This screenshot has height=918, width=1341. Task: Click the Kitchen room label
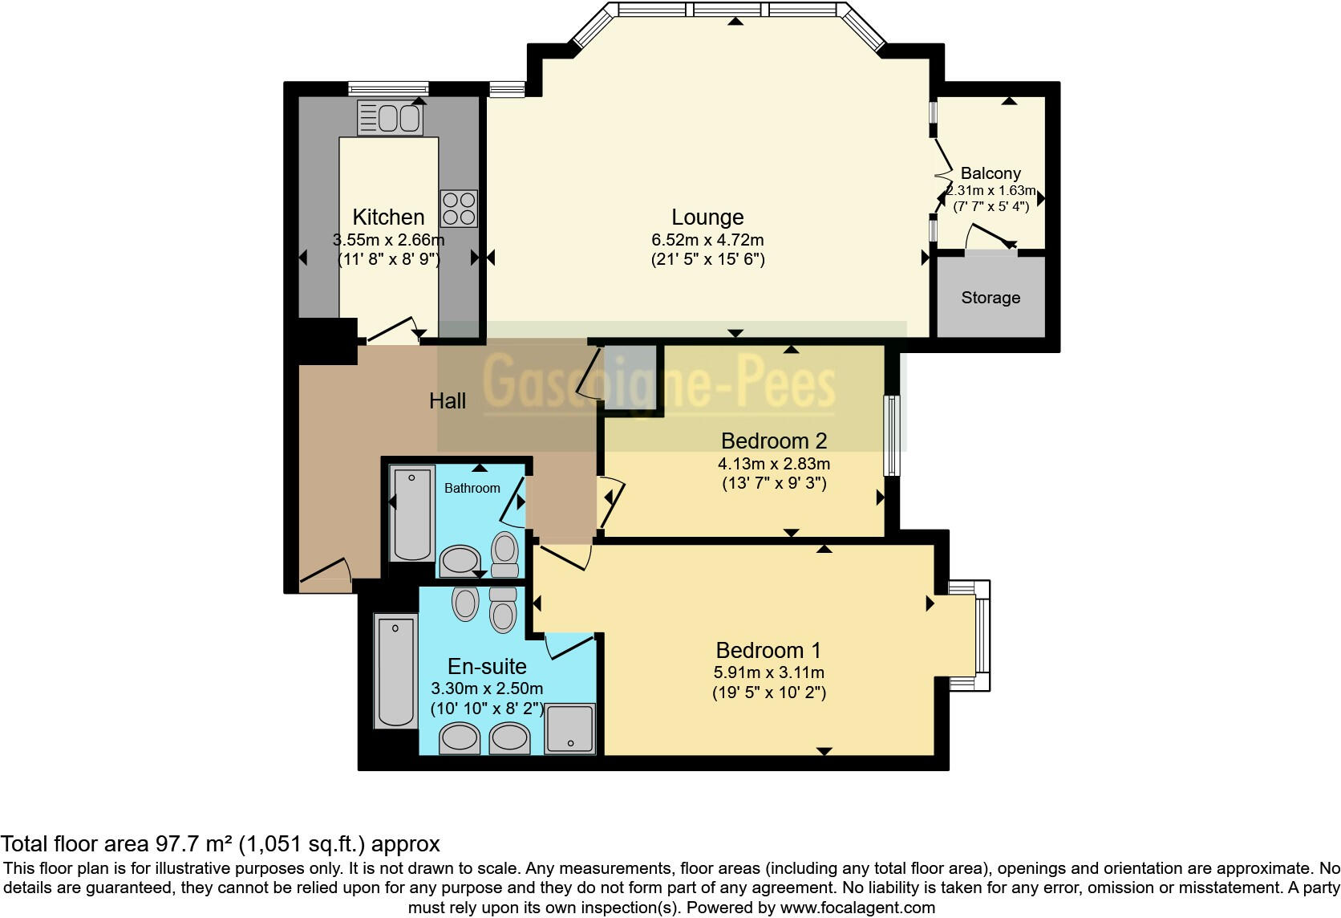[x=388, y=217]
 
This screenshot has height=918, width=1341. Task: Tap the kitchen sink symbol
[x=390, y=119]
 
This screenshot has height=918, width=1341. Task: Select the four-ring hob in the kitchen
[x=458, y=208]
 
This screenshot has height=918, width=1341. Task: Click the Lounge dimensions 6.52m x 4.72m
[x=707, y=240]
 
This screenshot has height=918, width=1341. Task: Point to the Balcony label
[x=991, y=173]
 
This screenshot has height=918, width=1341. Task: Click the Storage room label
[x=991, y=298]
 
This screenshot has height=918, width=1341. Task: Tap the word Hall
[x=447, y=401]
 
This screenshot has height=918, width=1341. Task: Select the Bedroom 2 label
[x=774, y=441]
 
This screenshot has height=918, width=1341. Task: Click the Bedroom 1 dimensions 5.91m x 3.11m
[x=769, y=672]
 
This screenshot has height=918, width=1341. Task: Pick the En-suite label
[x=487, y=667]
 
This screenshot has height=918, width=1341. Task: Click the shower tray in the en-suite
[x=569, y=728]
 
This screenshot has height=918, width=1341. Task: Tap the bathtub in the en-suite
[x=395, y=671]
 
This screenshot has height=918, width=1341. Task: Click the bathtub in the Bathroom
[x=412, y=514]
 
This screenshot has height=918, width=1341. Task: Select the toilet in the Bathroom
[x=504, y=554]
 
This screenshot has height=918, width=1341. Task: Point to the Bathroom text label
[x=472, y=488]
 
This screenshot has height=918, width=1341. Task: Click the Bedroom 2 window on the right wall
[x=891, y=435]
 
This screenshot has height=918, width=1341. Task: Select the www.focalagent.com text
[x=857, y=908]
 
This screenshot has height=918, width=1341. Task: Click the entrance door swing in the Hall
[x=326, y=571]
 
